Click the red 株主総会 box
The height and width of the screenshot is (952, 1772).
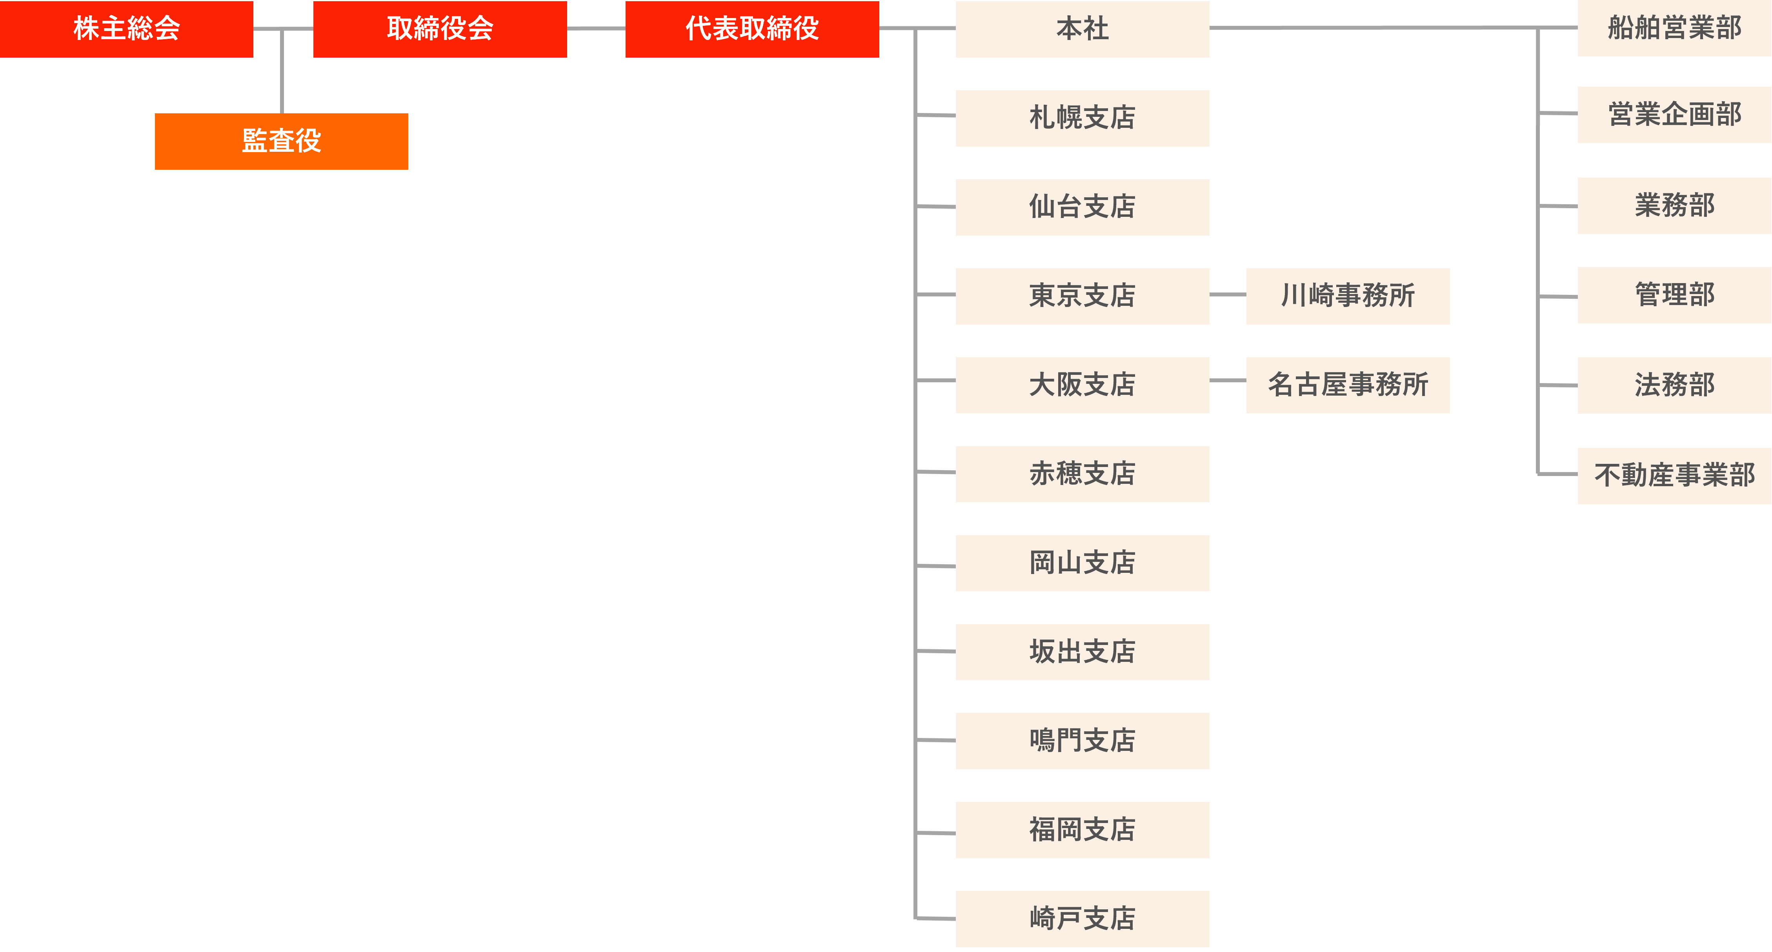(x=127, y=29)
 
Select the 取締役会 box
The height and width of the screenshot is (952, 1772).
(x=440, y=29)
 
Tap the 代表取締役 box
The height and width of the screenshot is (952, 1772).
(x=752, y=29)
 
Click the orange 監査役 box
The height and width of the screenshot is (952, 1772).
(x=281, y=141)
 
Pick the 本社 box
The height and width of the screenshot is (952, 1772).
(x=1082, y=29)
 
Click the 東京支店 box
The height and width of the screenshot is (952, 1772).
(x=1082, y=296)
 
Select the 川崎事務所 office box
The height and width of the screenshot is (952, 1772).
(x=1348, y=296)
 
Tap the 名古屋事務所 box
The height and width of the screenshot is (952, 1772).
(x=1348, y=385)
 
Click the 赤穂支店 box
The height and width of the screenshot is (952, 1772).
(x=1082, y=474)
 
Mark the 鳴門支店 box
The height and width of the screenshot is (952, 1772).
(x=1082, y=741)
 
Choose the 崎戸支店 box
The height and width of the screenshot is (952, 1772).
(x=1082, y=919)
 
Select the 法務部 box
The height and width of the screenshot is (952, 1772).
(x=1674, y=385)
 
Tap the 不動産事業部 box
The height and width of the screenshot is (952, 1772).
(x=1674, y=475)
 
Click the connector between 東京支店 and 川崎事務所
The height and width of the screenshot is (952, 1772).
(x=1228, y=294)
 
